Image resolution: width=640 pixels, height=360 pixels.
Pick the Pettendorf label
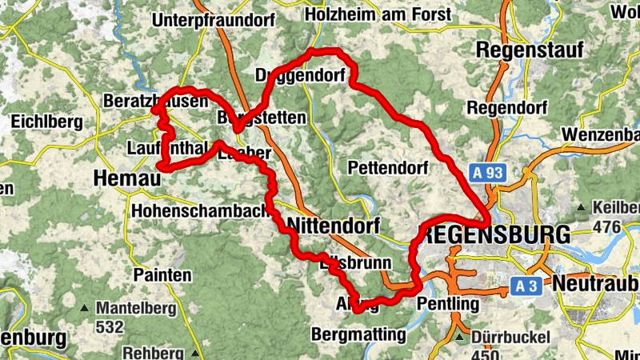[390, 167]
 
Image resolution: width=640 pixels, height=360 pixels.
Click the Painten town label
[163, 275]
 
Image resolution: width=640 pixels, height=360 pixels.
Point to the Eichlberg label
[46, 122]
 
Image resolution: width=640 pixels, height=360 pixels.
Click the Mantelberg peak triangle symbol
[84, 308]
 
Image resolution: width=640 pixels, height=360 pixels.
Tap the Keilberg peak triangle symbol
[582, 209]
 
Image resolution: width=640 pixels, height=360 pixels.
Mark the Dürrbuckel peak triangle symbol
[459, 338]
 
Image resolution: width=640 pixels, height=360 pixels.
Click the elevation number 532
[110, 326]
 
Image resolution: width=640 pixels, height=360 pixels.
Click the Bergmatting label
[359, 334]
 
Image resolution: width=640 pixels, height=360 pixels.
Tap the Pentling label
[448, 304]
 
